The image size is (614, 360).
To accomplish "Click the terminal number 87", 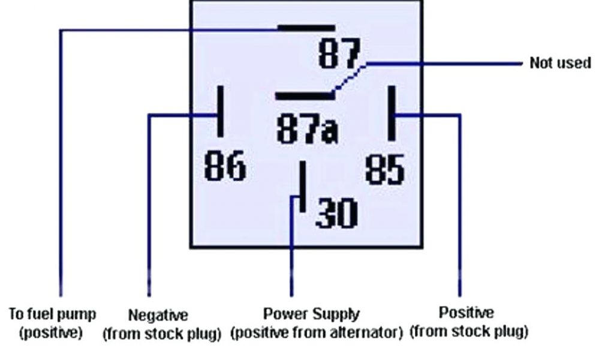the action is pos(339,55).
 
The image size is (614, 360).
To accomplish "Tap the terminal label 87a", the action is pos(307,130).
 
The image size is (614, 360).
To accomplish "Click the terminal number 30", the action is pos(336,212).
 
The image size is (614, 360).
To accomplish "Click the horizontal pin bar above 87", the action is pos(306,28).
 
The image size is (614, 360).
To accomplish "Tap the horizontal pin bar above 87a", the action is pos(303,95).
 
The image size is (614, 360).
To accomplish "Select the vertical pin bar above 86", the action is pos(221,111).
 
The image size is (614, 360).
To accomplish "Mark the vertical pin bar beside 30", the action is pos(303,186).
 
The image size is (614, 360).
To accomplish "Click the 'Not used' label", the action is pos(560,63).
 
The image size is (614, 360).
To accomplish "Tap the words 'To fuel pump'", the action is pos(52,314).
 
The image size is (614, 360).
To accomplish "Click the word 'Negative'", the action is pos(158,315).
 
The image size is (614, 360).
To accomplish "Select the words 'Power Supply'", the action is pos(311,314).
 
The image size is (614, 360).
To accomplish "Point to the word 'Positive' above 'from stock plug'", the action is pos(466,313).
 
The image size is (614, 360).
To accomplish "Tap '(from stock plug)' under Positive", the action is pos(468,331).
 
